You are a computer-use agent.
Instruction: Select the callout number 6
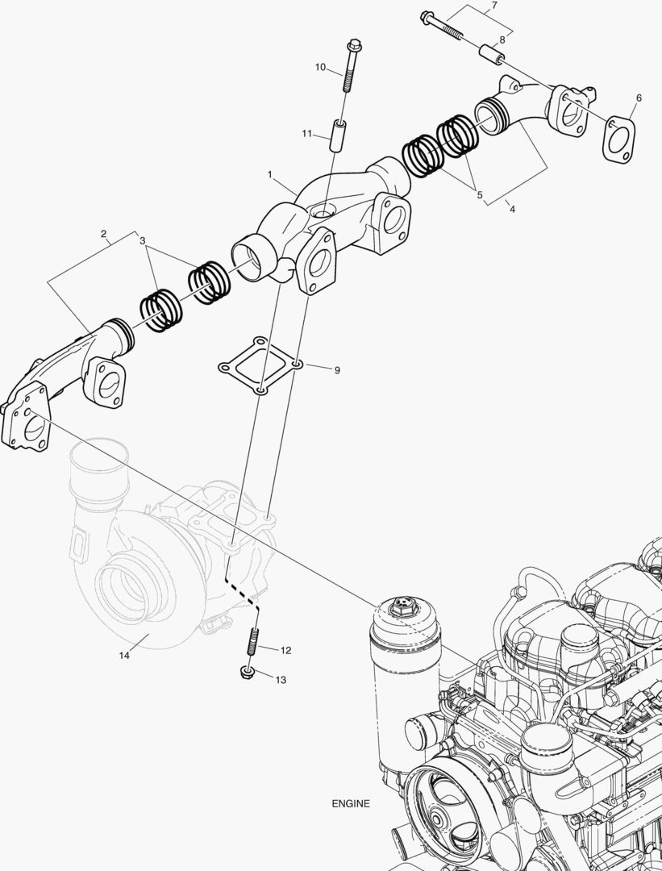[639, 98]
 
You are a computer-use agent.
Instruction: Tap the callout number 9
[337, 370]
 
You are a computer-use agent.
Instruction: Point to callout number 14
[124, 656]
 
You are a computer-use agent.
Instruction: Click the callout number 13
[281, 680]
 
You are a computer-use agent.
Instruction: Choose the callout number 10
[320, 67]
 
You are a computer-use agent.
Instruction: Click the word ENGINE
[351, 803]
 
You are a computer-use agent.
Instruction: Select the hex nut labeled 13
[245, 673]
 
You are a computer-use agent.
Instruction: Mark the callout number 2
[104, 235]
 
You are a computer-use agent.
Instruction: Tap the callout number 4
[510, 208]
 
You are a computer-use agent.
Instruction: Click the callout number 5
[479, 194]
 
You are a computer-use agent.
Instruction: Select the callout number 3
[142, 240]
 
